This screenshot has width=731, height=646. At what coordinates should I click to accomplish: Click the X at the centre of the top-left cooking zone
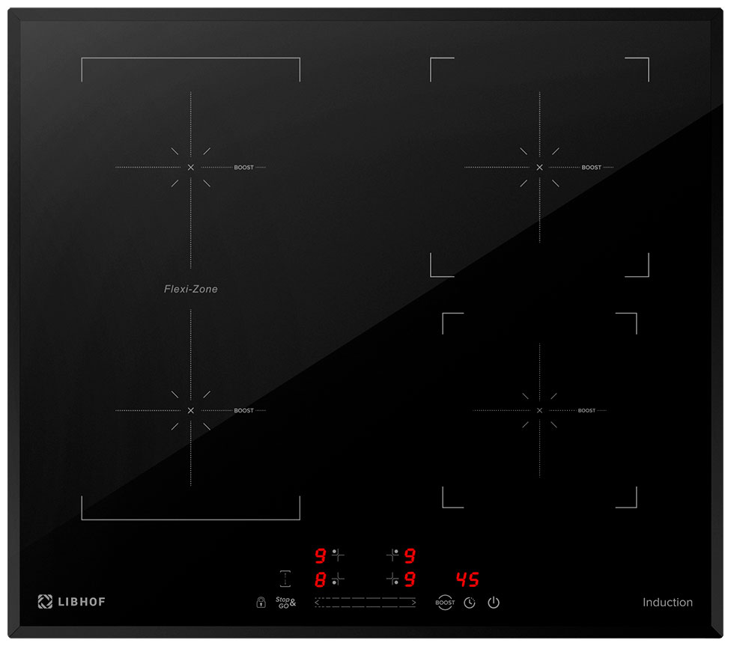(191, 168)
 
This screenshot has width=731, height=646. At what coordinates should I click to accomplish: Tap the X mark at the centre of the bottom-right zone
(539, 411)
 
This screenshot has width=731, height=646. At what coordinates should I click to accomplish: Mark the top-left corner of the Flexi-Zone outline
(82, 58)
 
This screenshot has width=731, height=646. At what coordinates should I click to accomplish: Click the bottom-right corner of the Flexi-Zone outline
(300, 519)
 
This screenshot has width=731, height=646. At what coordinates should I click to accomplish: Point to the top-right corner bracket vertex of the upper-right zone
(649, 58)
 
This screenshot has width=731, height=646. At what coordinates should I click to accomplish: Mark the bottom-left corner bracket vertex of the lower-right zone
(443, 507)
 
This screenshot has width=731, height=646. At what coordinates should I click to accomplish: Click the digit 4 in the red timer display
(461, 579)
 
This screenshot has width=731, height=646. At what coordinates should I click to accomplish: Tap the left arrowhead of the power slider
(317, 603)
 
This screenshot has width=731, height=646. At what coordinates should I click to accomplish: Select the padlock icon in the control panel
(261, 602)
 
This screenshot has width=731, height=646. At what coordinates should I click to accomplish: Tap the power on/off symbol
(494, 603)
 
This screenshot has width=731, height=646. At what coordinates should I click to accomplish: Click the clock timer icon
(470, 603)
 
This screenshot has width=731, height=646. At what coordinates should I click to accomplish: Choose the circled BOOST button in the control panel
(445, 602)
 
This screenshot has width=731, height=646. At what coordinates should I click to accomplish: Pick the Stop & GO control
(285, 602)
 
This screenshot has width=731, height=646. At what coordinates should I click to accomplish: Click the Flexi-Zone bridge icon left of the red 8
(285, 579)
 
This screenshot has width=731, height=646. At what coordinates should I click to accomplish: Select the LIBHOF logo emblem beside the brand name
(45, 602)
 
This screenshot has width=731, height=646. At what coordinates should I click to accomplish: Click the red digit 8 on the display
(320, 579)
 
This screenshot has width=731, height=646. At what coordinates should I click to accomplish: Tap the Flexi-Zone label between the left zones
(191, 289)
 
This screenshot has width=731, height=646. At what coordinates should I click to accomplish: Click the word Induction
(667, 602)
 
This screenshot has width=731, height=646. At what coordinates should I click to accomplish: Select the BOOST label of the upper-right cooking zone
(591, 168)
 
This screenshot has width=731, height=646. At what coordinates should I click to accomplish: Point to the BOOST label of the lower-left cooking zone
(244, 411)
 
